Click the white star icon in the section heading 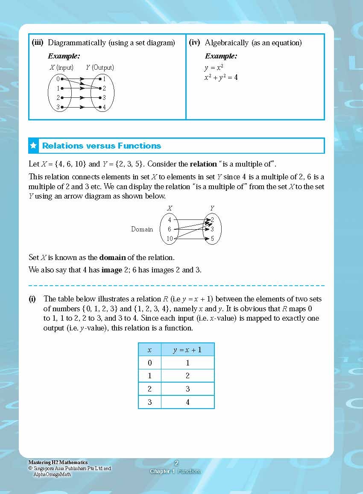(x=33, y=146)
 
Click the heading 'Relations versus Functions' (x=102, y=146)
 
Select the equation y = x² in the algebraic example (x=214, y=68)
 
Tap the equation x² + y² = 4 (x=221, y=78)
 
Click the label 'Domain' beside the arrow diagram (x=142, y=229)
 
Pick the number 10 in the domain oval (x=170, y=239)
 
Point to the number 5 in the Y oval (x=212, y=239)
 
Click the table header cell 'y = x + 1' (x=187, y=350)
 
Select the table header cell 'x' (x=149, y=350)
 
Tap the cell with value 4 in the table (x=187, y=402)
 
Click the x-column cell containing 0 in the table (x=149, y=363)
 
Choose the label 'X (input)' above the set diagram (x=61, y=67)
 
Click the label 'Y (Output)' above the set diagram (x=100, y=67)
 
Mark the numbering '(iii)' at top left (x=39, y=43)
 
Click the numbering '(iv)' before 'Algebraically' (x=195, y=43)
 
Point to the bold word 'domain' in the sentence (x=112, y=257)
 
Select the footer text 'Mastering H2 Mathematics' (x=58, y=462)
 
